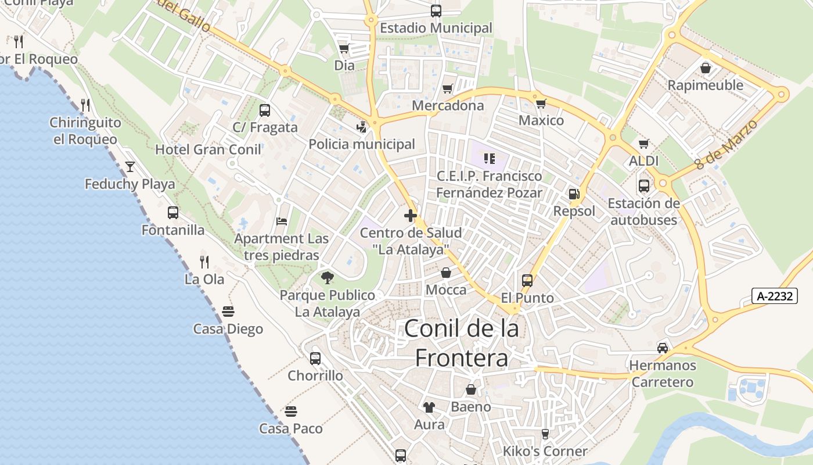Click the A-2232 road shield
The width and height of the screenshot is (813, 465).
coord(775,296)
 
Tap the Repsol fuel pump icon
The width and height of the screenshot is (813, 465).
coord(574,194)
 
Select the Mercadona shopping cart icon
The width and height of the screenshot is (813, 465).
coord(447,88)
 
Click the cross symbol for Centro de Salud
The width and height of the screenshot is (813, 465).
coord(411,216)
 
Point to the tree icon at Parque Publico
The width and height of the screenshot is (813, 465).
coord(328,278)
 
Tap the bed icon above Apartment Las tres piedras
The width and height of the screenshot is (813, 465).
coord(282,221)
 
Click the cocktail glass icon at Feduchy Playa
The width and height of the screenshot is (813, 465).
coord(130,167)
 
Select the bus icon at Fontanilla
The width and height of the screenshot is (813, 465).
coord(173,213)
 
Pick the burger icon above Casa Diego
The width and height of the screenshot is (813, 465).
coord(228,312)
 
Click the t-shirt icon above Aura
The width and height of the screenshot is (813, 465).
coord(429,407)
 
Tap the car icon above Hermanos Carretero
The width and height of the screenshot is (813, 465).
coord(662,348)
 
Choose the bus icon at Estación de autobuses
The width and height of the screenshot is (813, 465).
coord(643,186)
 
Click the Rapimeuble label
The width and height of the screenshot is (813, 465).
coord(705,85)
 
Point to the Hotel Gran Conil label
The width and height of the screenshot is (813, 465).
coord(208,149)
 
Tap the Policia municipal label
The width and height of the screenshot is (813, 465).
coord(362,144)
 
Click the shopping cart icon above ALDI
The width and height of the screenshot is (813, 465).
coord(643,144)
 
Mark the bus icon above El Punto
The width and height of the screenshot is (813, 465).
coord(527,281)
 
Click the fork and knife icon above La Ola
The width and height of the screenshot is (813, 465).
coord(204,262)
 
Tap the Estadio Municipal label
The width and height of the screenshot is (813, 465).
coord(436,28)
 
